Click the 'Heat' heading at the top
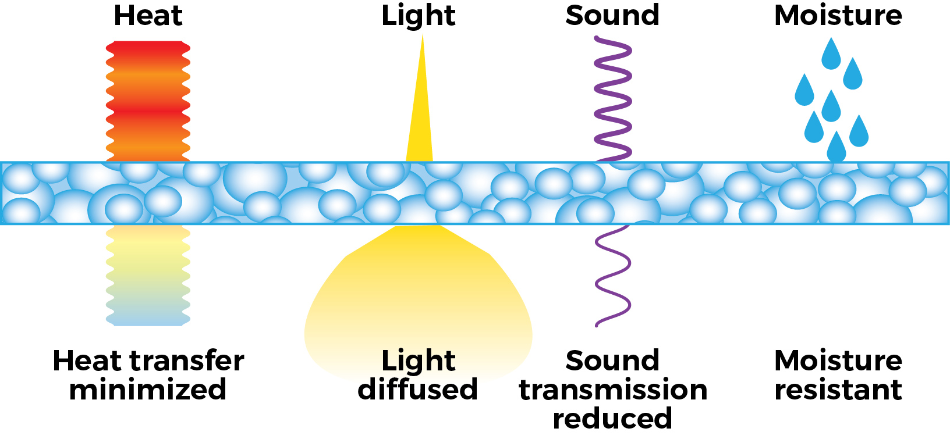[x=148, y=16]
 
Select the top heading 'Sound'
[x=612, y=15]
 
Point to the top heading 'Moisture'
[x=838, y=15]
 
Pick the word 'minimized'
[x=148, y=390]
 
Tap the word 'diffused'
[x=418, y=389]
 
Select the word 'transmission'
[x=613, y=390]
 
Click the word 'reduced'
[x=612, y=418]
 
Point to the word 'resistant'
[x=838, y=390]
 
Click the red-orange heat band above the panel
[x=148, y=101]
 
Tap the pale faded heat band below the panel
[x=148, y=276]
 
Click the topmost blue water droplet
[x=831, y=54]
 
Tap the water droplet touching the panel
[x=836, y=148]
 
